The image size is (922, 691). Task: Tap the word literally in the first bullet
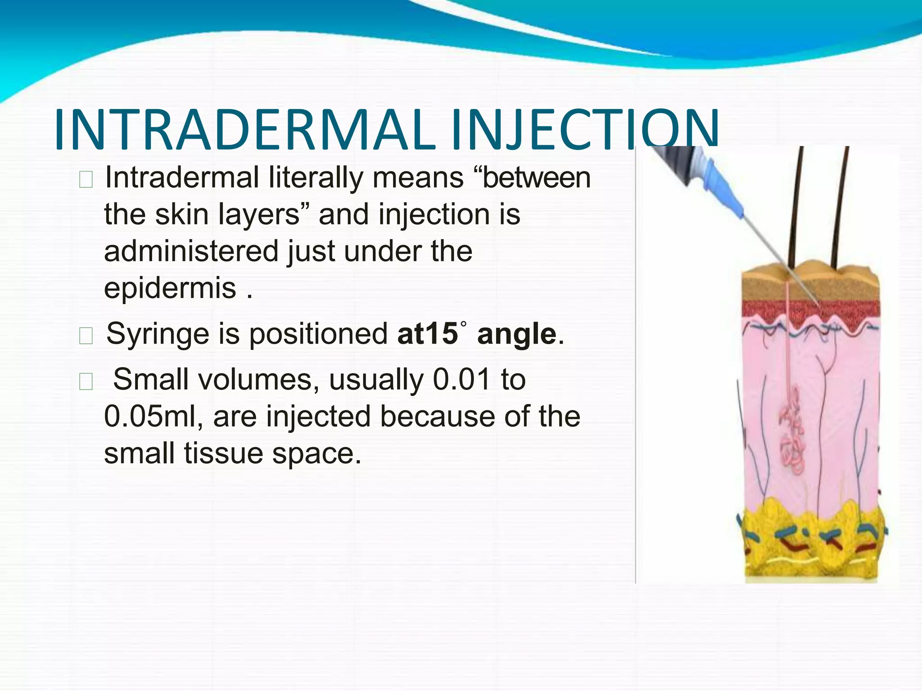tap(315, 178)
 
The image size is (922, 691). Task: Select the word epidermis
tap(170, 289)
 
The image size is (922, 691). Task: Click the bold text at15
tap(427, 334)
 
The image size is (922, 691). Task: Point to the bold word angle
tap(517, 334)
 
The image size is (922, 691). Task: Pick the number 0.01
tap(461, 380)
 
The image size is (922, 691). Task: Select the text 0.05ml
tap(154, 417)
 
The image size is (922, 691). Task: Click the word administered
tap(191, 251)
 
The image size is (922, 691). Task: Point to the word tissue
tap(223, 453)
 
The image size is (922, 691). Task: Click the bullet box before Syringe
tap(86, 336)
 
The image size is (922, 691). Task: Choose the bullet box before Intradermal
tap(86, 179)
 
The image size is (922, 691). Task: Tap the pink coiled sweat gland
tap(792, 432)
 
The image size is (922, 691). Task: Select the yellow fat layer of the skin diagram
tap(810, 540)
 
